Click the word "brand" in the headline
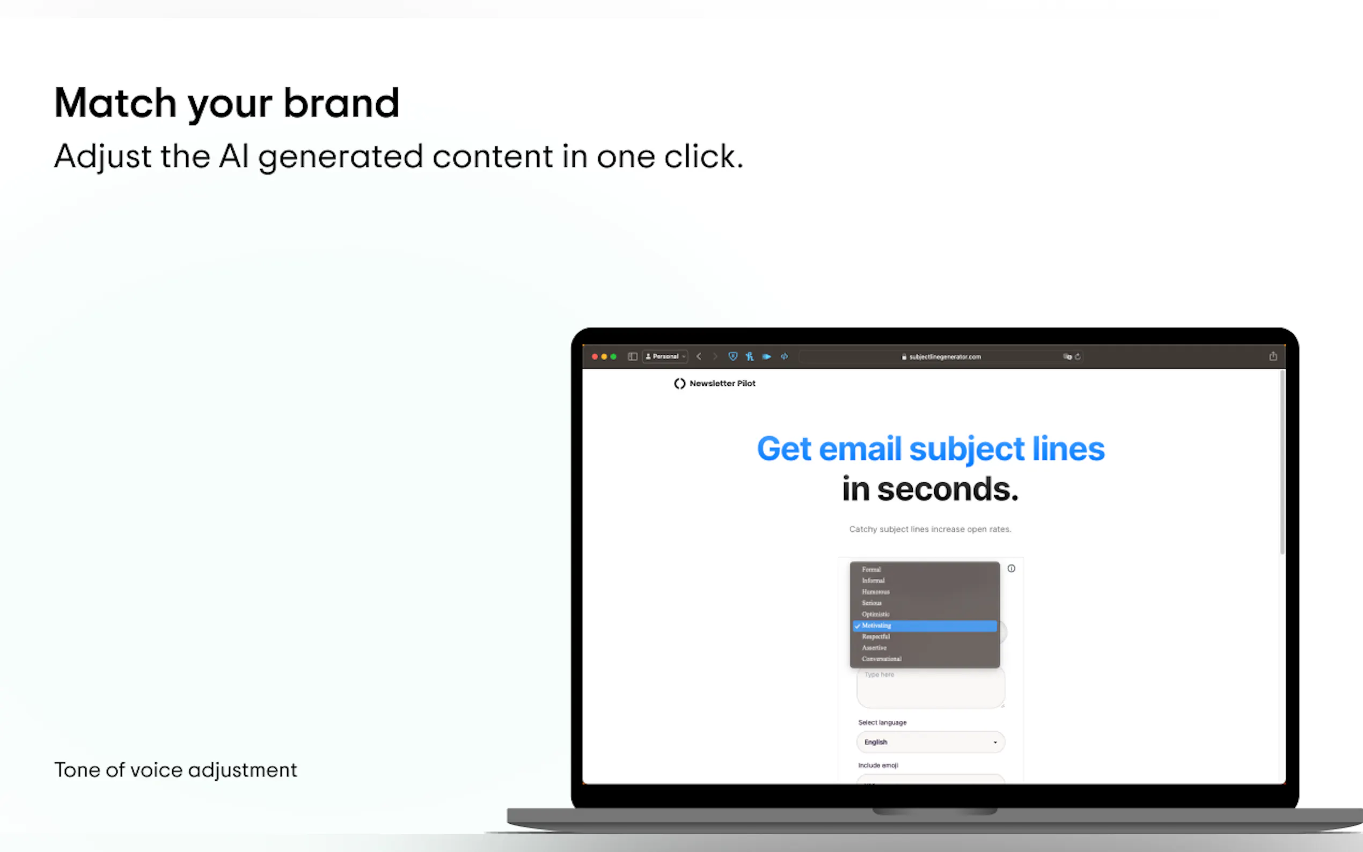tap(341, 103)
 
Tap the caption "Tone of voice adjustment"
tap(175, 770)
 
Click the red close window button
tap(595, 357)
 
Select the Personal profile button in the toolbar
tap(665, 357)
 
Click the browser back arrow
tap(699, 357)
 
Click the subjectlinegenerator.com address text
tap(944, 357)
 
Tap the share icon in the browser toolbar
tap(1273, 356)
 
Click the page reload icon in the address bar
tap(1078, 357)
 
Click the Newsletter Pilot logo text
tap(722, 383)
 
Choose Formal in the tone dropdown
tap(871, 570)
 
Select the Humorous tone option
tap(876, 592)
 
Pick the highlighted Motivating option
tap(877, 626)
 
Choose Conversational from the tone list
tap(881, 659)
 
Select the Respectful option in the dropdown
tap(876, 637)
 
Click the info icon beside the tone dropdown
tap(1012, 569)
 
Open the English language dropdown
tap(930, 742)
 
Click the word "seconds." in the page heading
tap(948, 489)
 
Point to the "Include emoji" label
tap(878, 765)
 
